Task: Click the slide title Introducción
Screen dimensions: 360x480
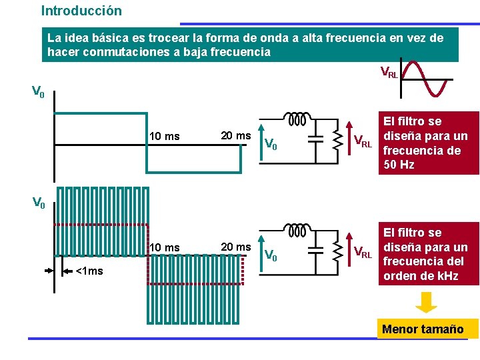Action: pyautogui.click(x=81, y=11)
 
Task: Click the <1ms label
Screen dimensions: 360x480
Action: pyautogui.click(x=89, y=271)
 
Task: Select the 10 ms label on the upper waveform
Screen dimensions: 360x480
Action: pyautogui.click(x=164, y=137)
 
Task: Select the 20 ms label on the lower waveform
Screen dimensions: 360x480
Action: pyautogui.click(x=235, y=247)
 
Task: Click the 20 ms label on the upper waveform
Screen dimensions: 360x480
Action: pyautogui.click(x=235, y=135)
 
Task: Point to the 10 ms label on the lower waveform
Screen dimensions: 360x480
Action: pyautogui.click(x=164, y=248)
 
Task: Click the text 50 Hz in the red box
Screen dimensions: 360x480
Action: pyautogui.click(x=399, y=164)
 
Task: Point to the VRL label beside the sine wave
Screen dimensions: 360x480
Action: pyautogui.click(x=389, y=72)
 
